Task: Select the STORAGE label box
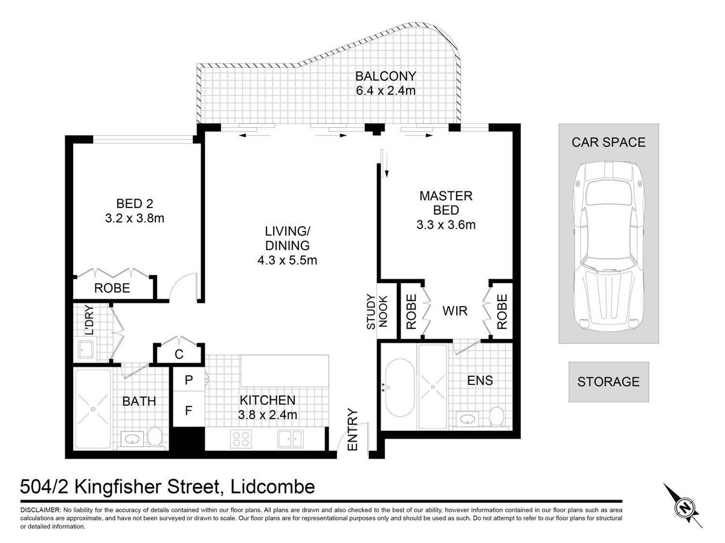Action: click(608, 382)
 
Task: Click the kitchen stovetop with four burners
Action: click(241, 439)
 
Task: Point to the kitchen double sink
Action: click(290, 439)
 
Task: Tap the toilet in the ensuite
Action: click(496, 416)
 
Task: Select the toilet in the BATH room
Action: click(154, 436)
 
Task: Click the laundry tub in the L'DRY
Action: click(86, 350)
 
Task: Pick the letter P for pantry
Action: click(188, 380)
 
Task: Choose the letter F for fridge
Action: click(188, 410)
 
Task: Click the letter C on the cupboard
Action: click(179, 354)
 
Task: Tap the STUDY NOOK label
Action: click(376, 311)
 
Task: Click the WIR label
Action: click(455, 311)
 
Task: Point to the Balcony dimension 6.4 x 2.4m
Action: click(385, 91)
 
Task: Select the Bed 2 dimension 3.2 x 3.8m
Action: click(135, 218)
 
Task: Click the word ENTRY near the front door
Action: click(353, 430)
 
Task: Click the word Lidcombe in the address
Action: click(273, 487)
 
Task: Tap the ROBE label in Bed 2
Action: click(112, 288)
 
